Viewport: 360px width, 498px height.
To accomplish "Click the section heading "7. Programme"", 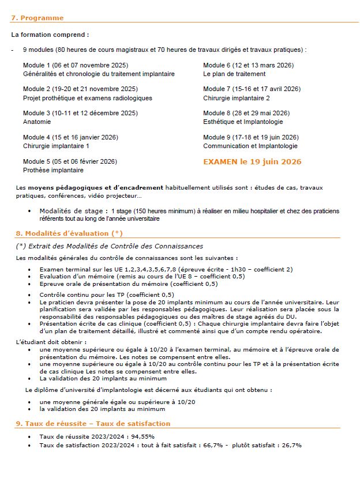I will pyautogui.click(x=37, y=18).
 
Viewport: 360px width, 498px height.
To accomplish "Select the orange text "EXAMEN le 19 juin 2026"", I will pyautogui.click(x=252, y=162).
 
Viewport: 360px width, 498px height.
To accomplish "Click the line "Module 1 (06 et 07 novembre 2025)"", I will pyautogui.click(x=76, y=65).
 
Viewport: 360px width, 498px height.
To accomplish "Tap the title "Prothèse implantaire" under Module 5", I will pyautogui.click(x=53, y=170).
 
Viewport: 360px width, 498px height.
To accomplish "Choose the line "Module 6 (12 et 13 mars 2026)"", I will pyautogui.click(x=248, y=65).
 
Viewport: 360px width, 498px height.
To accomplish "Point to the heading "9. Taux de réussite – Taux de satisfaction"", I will pyautogui.click(x=93, y=424).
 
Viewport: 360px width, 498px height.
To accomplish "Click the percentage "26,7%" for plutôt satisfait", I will pyautogui.click(x=290, y=446).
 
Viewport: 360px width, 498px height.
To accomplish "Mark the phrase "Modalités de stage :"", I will pyautogui.click(x=73, y=211).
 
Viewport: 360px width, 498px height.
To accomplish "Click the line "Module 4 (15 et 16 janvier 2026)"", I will pyautogui.click(x=70, y=137).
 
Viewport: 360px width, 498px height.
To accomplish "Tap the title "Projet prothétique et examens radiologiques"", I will pyautogui.click(x=88, y=98).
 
